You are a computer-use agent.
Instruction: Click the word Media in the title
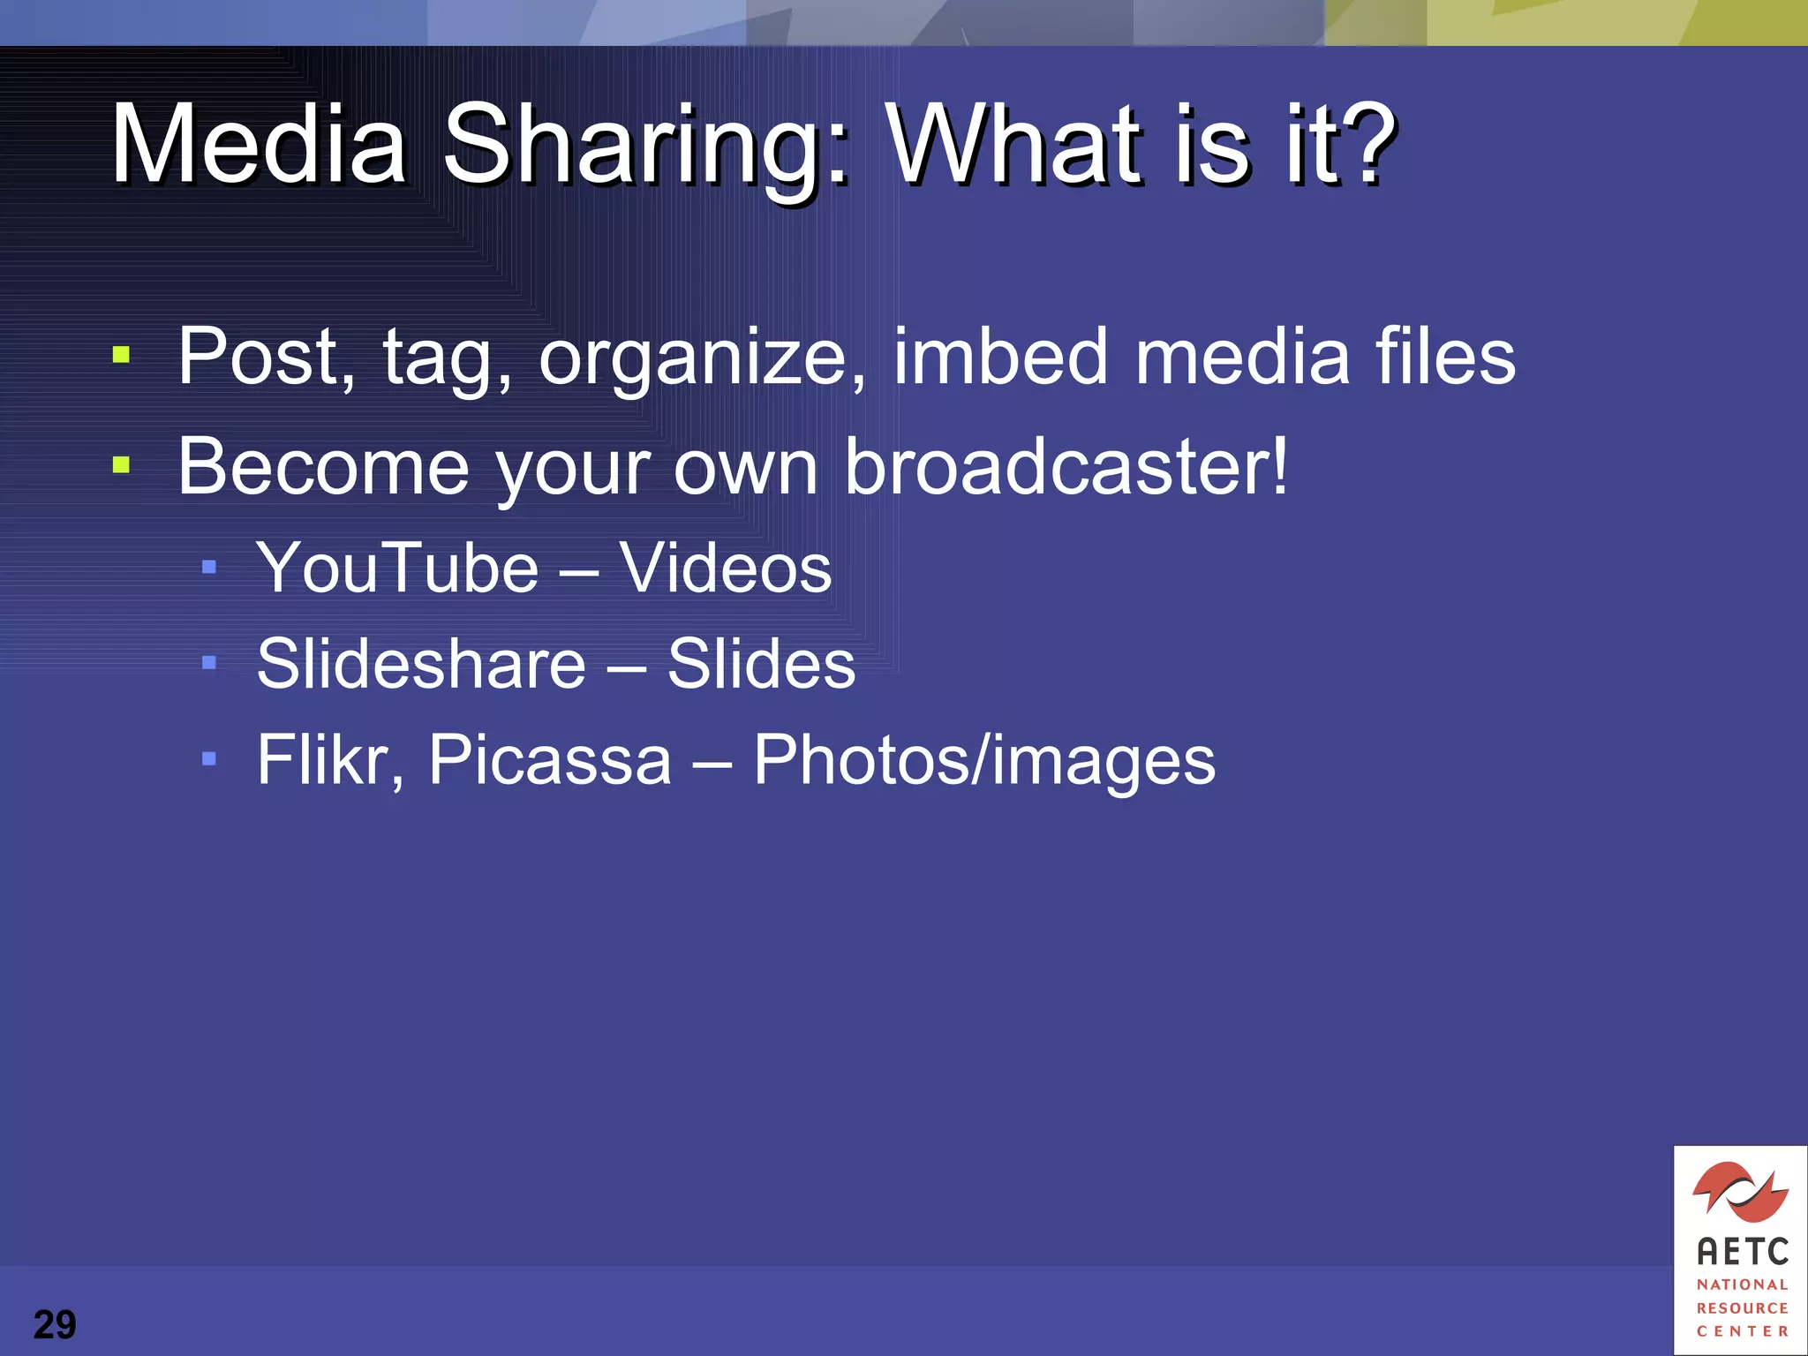pos(259,143)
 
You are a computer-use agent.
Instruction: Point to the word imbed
pos(1000,356)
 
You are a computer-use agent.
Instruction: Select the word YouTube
pos(397,567)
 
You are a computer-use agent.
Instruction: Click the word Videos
pos(725,567)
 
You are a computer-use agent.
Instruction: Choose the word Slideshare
pos(421,663)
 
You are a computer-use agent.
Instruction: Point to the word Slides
pos(761,663)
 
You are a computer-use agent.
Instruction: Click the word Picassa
pos(550,759)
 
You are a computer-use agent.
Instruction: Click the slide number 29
pos(55,1324)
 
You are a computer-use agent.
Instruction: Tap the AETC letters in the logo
pos(1742,1251)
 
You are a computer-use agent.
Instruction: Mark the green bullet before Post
pos(122,356)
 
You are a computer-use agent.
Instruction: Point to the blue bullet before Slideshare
pos(209,662)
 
